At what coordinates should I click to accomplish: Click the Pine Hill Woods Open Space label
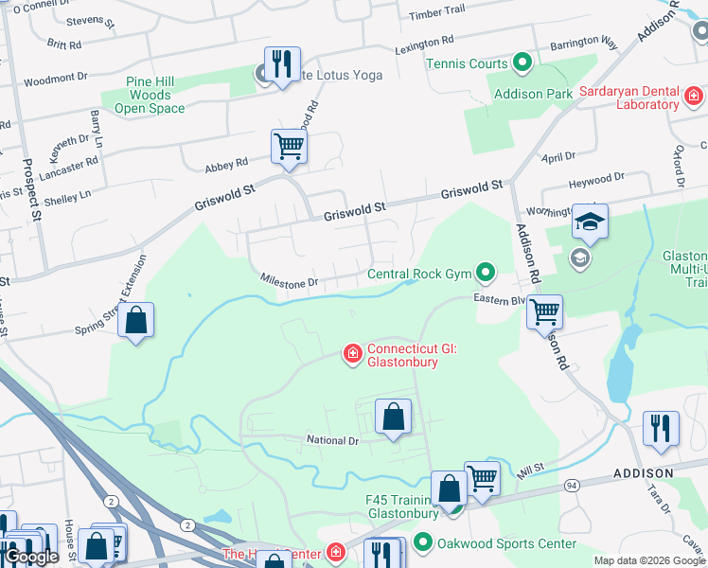click(150, 96)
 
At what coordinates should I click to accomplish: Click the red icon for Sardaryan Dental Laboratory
click(694, 97)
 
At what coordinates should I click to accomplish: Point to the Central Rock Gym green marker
click(486, 274)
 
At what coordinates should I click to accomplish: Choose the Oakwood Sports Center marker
click(421, 543)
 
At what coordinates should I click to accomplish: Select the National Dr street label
click(332, 440)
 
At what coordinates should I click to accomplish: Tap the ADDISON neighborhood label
click(643, 472)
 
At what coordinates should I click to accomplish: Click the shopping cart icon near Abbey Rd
click(289, 147)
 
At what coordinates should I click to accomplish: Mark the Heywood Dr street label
click(595, 177)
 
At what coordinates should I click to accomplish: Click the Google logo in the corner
click(31, 557)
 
